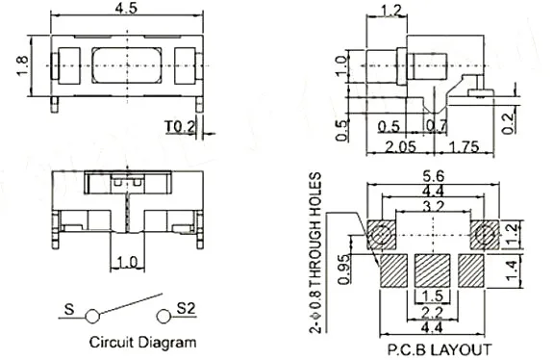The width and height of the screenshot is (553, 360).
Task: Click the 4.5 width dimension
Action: (126, 8)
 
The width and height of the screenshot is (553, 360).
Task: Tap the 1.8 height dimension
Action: (22, 65)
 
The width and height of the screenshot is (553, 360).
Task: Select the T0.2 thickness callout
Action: (180, 127)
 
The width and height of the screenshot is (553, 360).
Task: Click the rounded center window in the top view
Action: (127, 65)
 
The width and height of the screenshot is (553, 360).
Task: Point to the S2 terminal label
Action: (186, 308)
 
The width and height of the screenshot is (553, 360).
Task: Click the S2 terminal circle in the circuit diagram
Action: (163, 317)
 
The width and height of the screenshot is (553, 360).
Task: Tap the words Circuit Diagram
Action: (142, 342)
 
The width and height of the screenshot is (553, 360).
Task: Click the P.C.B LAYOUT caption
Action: (440, 349)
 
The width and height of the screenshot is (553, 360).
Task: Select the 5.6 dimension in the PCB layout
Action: (434, 176)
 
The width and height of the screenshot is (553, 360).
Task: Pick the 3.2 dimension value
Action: (433, 206)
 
